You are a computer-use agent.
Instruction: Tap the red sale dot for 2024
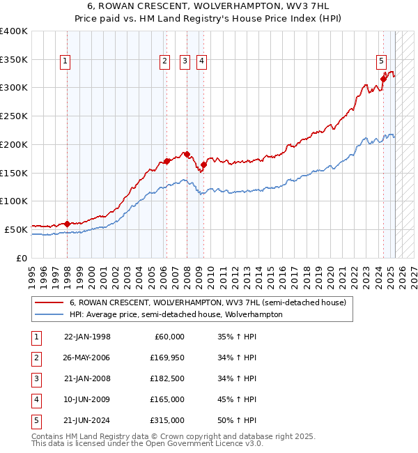(383, 79)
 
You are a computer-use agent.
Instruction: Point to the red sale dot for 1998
(67, 224)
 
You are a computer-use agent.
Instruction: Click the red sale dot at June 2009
(203, 164)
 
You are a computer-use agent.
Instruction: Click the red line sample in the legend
(49, 303)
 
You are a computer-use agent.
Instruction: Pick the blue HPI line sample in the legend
(49, 314)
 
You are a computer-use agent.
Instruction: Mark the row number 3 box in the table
(36, 379)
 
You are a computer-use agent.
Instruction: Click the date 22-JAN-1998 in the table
(87, 337)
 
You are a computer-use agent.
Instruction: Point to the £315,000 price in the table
(167, 420)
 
